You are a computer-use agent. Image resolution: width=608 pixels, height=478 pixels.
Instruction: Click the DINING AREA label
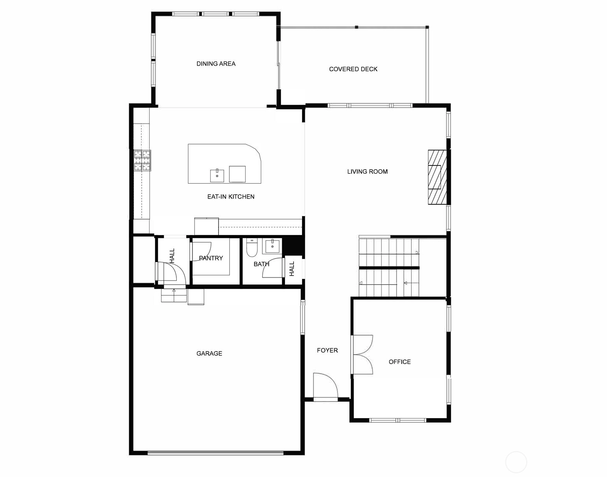tap(216, 64)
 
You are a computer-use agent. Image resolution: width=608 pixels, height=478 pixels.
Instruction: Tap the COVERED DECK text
tap(353, 69)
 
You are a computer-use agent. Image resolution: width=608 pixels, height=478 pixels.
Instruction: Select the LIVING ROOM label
tap(367, 172)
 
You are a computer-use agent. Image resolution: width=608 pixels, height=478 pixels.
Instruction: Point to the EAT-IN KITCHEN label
tap(231, 197)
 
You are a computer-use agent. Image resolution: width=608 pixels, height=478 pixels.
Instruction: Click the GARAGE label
tap(209, 353)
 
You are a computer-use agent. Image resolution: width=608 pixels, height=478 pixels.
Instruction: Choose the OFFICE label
tap(399, 362)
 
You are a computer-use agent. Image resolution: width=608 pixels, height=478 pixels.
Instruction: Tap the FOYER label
tap(327, 350)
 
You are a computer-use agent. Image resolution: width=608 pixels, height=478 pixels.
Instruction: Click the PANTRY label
tap(211, 258)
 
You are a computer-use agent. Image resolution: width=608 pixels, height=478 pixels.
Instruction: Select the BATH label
tap(261, 264)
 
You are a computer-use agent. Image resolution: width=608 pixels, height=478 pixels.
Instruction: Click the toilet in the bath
tap(252, 248)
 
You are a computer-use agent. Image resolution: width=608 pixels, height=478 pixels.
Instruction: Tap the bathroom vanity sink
tap(272, 247)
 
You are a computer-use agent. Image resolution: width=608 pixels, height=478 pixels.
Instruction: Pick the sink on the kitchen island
tap(217, 176)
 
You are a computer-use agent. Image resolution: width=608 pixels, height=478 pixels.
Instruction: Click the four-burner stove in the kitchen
tap(142, 160)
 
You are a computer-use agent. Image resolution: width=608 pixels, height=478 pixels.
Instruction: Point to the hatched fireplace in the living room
tap(438, 177)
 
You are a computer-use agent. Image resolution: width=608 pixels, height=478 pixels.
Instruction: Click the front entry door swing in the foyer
tap(325, 386)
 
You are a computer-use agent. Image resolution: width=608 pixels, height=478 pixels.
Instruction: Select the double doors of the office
tap(363, 355)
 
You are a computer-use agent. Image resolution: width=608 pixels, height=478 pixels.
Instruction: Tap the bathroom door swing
tap(272, 268)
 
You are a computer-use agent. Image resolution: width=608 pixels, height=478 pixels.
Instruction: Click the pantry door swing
tap(201, 251)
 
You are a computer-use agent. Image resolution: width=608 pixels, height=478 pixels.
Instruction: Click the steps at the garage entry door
tap(174, 295)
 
